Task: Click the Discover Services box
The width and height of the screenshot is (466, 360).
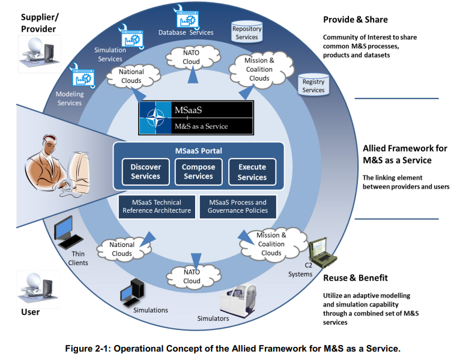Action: tap(145, 172)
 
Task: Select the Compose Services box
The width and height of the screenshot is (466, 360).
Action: tap(199, 172)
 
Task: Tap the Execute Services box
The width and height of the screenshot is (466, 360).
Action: tap(252, 172)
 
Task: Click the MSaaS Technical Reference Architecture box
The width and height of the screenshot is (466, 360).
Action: tap(157, 207)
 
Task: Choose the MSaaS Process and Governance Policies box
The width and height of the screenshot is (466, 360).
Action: tap(238, 207)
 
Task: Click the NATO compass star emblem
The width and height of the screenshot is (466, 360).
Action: tap(156, 118)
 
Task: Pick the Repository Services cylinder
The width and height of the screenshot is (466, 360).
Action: tap(247, 31)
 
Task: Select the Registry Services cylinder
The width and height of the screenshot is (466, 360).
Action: tap(313, 85)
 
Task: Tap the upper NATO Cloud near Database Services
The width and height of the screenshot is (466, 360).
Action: tap(193, 57)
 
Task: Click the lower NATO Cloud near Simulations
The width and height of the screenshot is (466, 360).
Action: tap(193, 276)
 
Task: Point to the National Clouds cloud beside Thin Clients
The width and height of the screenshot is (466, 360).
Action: tap(123, 249)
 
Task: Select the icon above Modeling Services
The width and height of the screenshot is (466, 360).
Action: tap(83, 76)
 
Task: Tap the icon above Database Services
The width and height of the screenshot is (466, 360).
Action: tap(186, 17)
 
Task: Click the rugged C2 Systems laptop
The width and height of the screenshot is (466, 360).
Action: tap(322, 253)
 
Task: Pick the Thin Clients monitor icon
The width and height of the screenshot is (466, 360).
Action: tap(67, 233)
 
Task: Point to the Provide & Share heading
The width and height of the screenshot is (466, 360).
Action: tap(356, 20)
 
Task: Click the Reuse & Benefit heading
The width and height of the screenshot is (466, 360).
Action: tap(356, 278)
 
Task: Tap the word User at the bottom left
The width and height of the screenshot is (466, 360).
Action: tap(30, 312)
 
